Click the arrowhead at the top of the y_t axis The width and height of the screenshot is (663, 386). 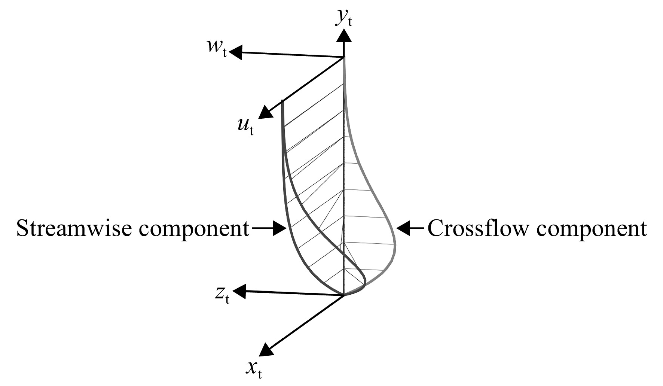tap(343, 35)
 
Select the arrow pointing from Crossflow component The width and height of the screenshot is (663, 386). tap(410, 228)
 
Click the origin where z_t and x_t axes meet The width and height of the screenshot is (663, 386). tap(344, 295)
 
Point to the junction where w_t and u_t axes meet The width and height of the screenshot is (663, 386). tap(344, 57)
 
